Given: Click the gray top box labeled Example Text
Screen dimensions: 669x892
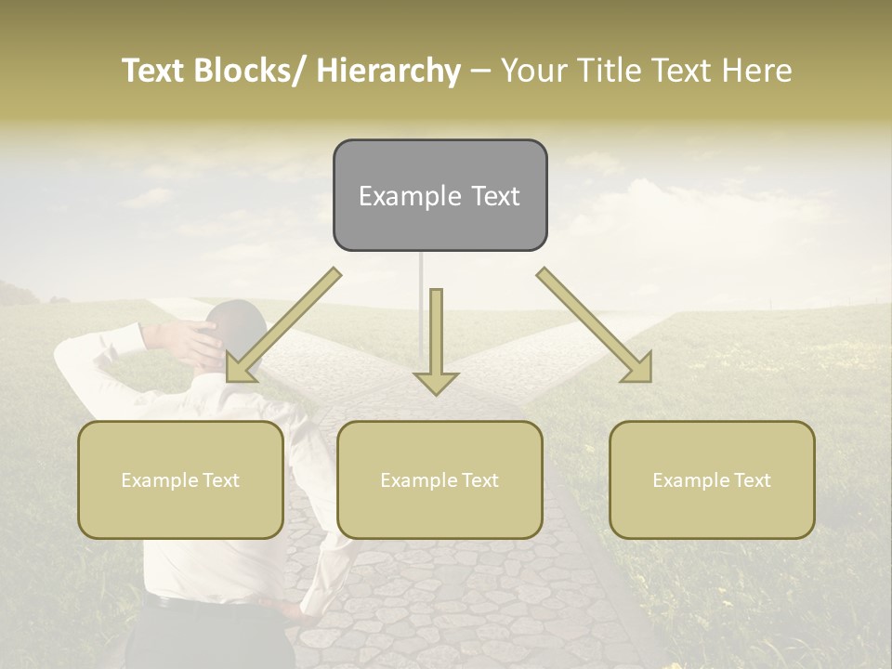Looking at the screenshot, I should [x=439, y=195].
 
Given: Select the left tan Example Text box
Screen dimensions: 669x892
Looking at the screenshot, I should [x=180, y=479].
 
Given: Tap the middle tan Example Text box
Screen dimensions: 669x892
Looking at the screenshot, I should [x=439, y=479].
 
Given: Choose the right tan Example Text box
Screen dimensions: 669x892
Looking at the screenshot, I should [x=712, y=479].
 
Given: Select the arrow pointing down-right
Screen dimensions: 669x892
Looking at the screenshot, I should [x=596, y=326].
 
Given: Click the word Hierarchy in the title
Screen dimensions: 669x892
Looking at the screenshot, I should [x=388, y=71].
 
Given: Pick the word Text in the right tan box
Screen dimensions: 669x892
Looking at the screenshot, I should [x=751, y=479].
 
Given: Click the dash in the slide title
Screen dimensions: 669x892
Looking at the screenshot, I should [x=480, y=71].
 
